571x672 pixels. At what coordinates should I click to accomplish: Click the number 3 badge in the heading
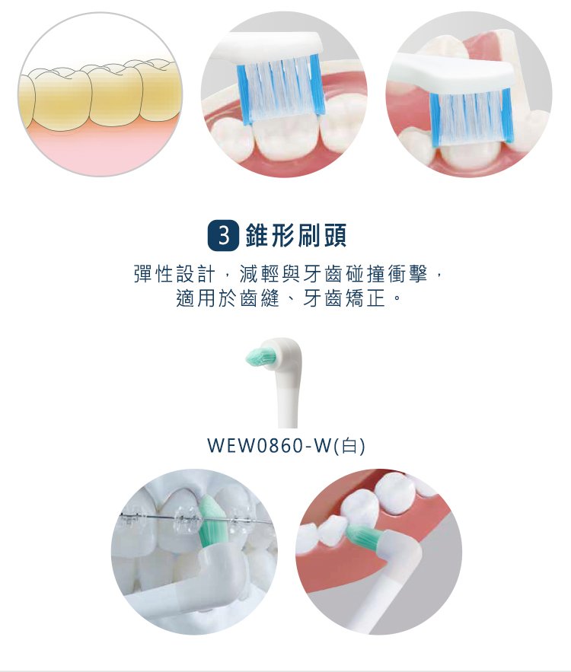(223, 236)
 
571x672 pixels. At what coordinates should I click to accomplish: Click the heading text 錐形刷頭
(296, 236)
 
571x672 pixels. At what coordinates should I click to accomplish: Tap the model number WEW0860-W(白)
(286, 446)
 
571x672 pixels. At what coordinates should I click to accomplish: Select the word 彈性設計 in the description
(174, 274)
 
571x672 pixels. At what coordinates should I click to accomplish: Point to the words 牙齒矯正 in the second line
(343, 298)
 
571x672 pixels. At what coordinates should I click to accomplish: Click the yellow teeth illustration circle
(100, 94)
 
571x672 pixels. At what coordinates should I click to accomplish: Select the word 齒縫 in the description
(260, 298)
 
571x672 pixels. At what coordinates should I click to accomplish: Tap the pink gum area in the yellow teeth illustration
(99, 148)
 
